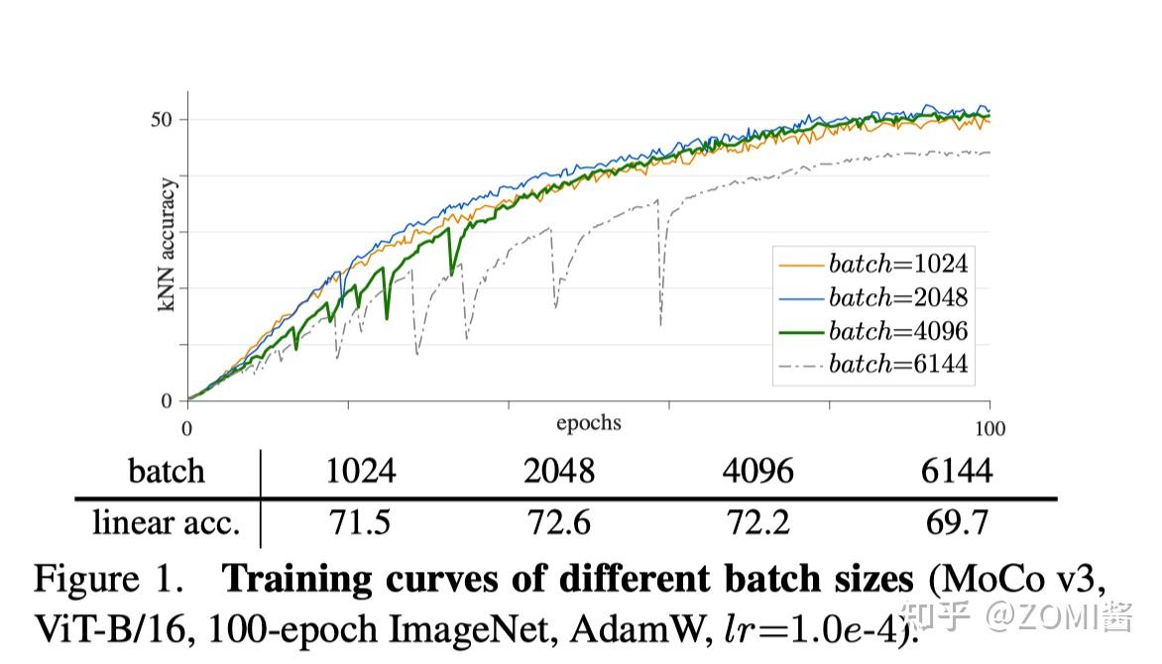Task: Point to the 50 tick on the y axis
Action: point(163,119)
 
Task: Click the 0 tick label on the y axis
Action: point(168,401)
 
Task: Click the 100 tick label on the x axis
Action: point(989,429)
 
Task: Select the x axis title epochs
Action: point(589,423)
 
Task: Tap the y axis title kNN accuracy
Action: point(168,246)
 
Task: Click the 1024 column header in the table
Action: point(361,471)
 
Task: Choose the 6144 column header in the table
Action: point(956,471)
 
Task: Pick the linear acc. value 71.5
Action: point(361,522)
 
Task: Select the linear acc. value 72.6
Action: point(559,522)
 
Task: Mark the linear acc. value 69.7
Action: point(956,522)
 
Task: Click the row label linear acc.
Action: point(166,522)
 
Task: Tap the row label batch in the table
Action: point(166,471)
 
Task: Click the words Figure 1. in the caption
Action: point(108,579)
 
